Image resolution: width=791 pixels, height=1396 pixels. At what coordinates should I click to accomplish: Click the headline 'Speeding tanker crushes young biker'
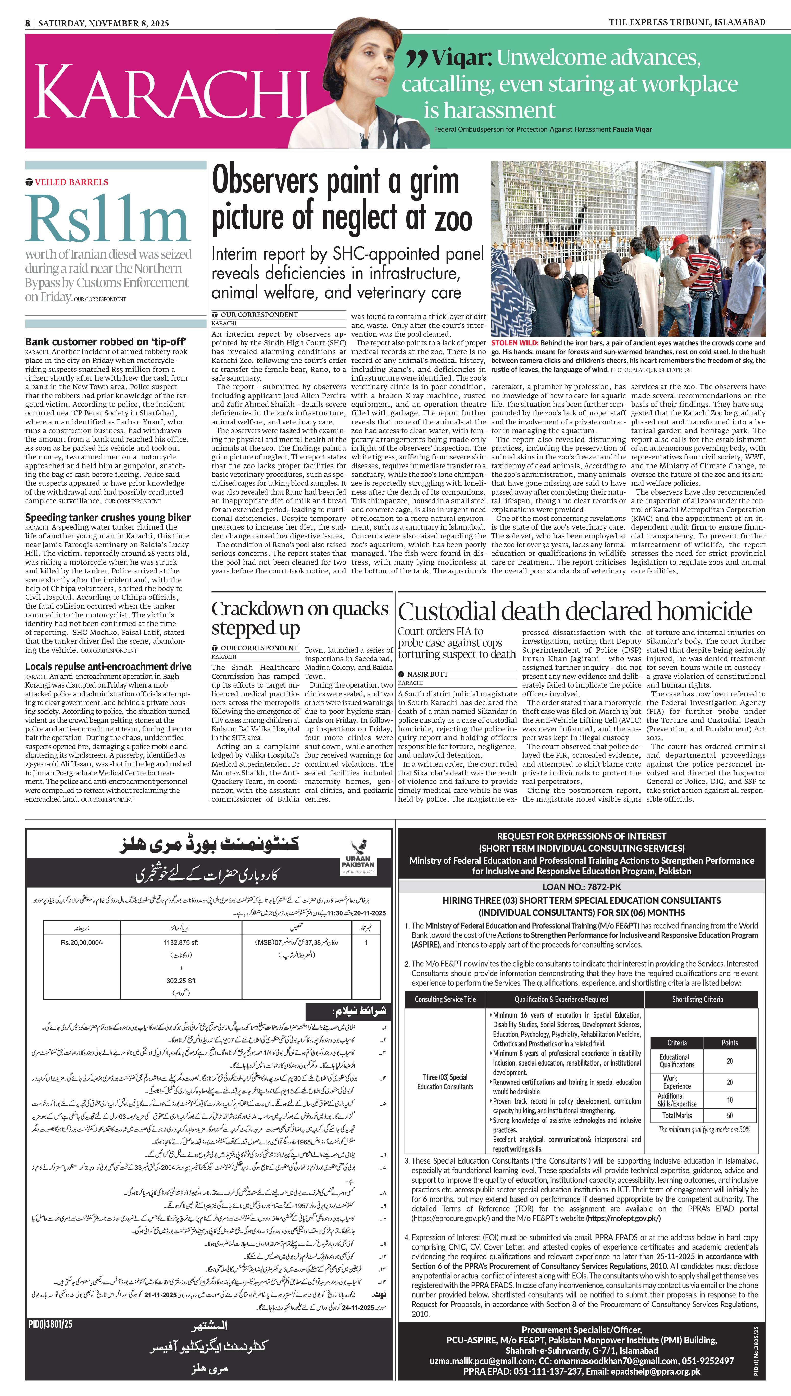click(x=108, y=517)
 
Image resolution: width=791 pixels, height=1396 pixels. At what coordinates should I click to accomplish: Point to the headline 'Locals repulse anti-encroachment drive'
click(x=108, y=666)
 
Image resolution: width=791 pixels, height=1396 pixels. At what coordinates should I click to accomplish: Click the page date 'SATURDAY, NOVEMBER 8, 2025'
click(x=103, y=23)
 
